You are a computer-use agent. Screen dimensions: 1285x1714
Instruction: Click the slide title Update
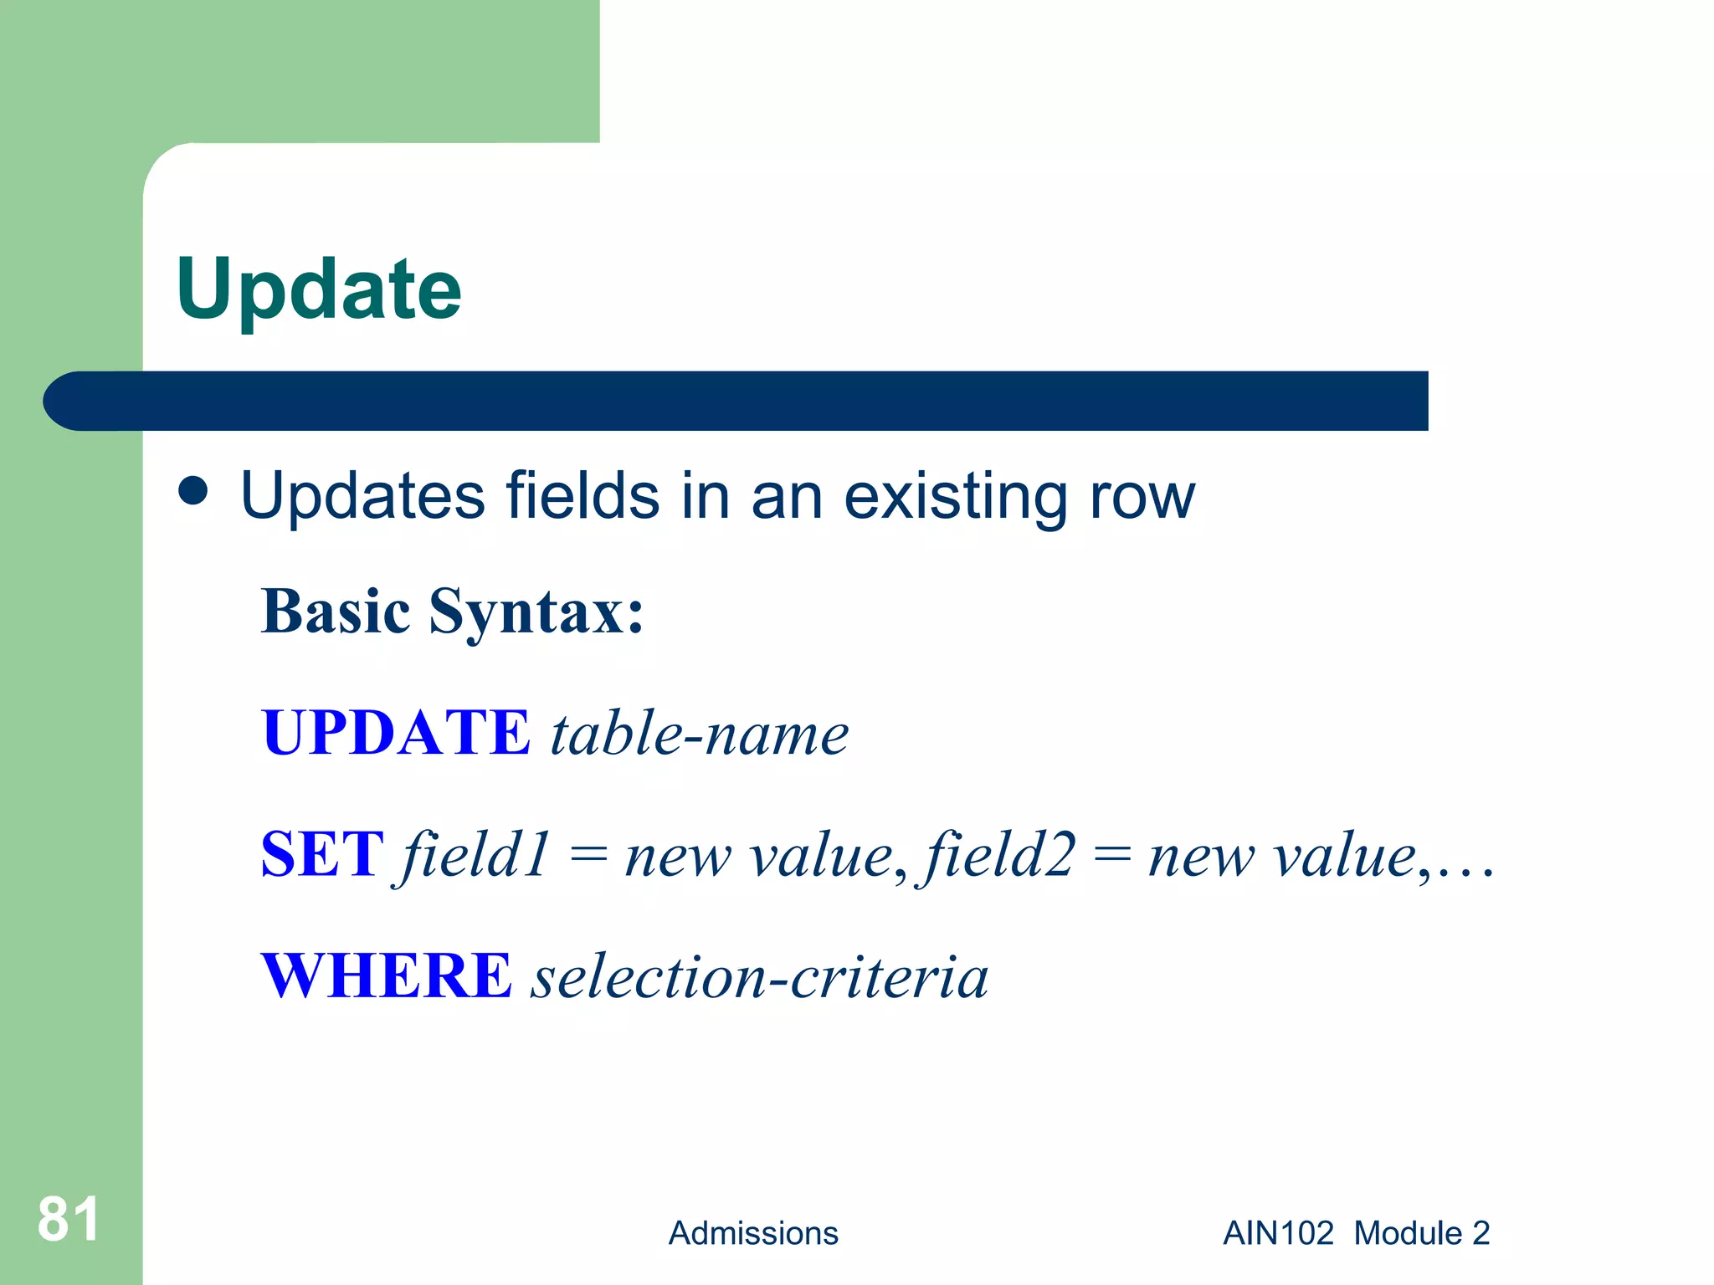click(318, 289)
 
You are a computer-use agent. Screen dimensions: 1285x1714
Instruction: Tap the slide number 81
click(68, 1219)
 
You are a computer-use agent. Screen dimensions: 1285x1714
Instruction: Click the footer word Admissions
click(752, 1233)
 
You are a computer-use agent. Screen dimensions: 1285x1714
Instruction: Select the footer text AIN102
click(1278, 1233)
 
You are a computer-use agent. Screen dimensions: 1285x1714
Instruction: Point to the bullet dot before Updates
click(193, 492)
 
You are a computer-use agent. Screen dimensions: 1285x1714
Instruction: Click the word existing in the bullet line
click(955, 497)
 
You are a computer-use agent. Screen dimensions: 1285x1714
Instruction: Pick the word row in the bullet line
click(1142, 497)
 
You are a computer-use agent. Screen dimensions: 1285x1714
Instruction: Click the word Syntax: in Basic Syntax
click(536, 612)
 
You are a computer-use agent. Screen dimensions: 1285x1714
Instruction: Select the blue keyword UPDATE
click(395, 733)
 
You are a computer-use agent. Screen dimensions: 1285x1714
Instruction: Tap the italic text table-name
click(699, 735)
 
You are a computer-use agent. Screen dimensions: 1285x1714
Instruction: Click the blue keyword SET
click(322, 855)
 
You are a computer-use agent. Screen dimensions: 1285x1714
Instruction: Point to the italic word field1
click(473, 855)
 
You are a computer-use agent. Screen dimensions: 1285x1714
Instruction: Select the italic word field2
click(998, 855)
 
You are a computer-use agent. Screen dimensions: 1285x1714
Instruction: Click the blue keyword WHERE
click(386, 976)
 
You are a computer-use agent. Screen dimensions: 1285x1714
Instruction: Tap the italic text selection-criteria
click(760, 978)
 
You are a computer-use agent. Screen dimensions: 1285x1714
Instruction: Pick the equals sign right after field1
click(588, 855)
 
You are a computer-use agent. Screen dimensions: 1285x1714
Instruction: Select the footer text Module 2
click(1421, 1233)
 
